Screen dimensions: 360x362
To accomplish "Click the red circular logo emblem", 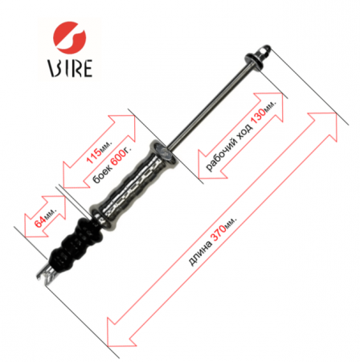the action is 70,37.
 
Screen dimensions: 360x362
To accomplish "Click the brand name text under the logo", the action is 70,68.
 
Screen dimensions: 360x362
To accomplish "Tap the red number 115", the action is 94,155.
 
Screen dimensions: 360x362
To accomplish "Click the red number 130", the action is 259,116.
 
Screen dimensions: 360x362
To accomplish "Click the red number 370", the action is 219,232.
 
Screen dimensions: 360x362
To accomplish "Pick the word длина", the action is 199,253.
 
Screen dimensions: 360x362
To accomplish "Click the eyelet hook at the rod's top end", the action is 264,51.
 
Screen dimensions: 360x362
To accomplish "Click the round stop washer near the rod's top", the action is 254,62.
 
